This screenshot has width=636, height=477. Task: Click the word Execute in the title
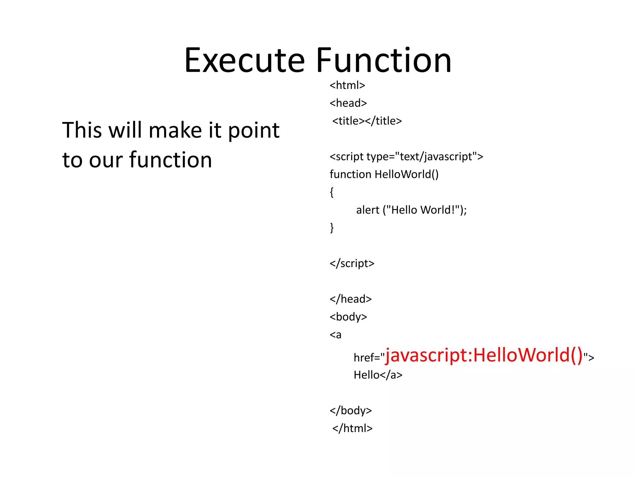click(x=245, y=61)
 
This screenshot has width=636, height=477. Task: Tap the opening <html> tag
click(x=347, y=85)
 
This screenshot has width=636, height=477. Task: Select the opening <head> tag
click(x=348, y=103)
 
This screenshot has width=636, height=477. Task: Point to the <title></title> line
click(x=367, y=121)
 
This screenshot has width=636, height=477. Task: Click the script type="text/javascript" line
click(x=406, y=157)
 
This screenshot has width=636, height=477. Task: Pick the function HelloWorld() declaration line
click(x=384, y=175)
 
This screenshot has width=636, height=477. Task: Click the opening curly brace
click(x=332, y=192)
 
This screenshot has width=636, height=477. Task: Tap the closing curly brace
click(x=332, y=228)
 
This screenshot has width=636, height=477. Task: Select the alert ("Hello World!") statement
click(x=411, y=210)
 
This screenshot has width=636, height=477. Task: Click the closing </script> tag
click(x=352, y=263)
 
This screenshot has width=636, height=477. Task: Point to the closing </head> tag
click(x=351, y=299)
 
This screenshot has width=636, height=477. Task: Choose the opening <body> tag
click(x=348, y=317)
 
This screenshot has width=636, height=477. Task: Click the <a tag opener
click(x=335, y=335)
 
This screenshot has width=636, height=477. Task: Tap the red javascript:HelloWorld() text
click(x=484, y=355)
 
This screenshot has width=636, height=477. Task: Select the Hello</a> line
click(x=378, y=375)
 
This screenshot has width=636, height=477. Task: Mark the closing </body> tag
click(x=351, y=411)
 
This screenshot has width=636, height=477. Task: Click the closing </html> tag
click(x=352, y=429)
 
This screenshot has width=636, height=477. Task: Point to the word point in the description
click(x=254, y=130)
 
